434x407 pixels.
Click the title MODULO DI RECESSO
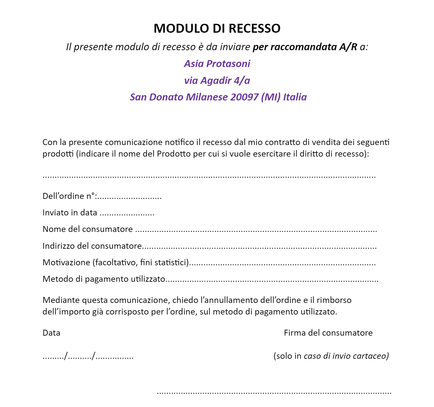point(217,28)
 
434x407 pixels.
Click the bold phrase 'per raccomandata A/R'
point(305,47)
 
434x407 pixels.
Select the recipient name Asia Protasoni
point(217,63)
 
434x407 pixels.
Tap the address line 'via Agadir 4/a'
point(217,80)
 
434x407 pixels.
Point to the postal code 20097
point(244,97)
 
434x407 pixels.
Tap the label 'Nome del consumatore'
point(87,229)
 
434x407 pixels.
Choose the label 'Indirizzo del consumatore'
point(92,246)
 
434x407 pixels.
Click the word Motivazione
point(66,262)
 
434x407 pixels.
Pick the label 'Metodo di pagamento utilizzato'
point(104,279)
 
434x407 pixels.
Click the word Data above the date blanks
point(51,333)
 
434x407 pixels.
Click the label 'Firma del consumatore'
point(328,333)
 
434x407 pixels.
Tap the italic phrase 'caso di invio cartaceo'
point(346,356)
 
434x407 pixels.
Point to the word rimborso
point(334,300)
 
